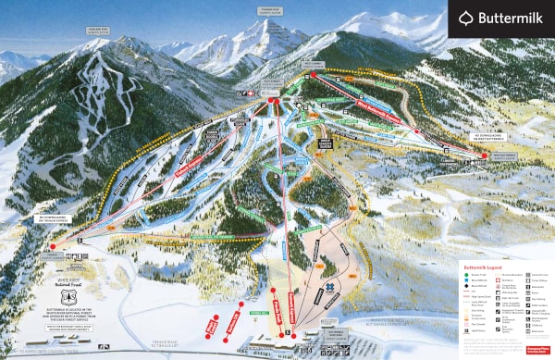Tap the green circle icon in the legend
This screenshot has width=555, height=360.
coord(467,274)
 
